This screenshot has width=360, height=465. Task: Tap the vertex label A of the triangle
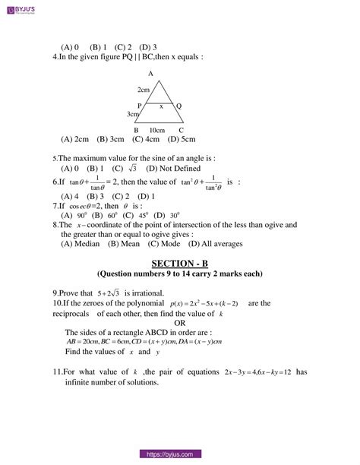[150, 74]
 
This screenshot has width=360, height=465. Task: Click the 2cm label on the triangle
[144, 90]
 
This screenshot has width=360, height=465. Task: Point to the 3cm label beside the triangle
[133, 115]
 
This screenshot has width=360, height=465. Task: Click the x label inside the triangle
[161, 106]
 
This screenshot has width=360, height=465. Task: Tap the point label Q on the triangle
[178, 106]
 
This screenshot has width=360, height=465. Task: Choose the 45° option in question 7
[141, 215]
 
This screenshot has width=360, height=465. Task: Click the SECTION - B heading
[179, 263]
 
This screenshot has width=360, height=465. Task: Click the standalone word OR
[181, 322]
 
